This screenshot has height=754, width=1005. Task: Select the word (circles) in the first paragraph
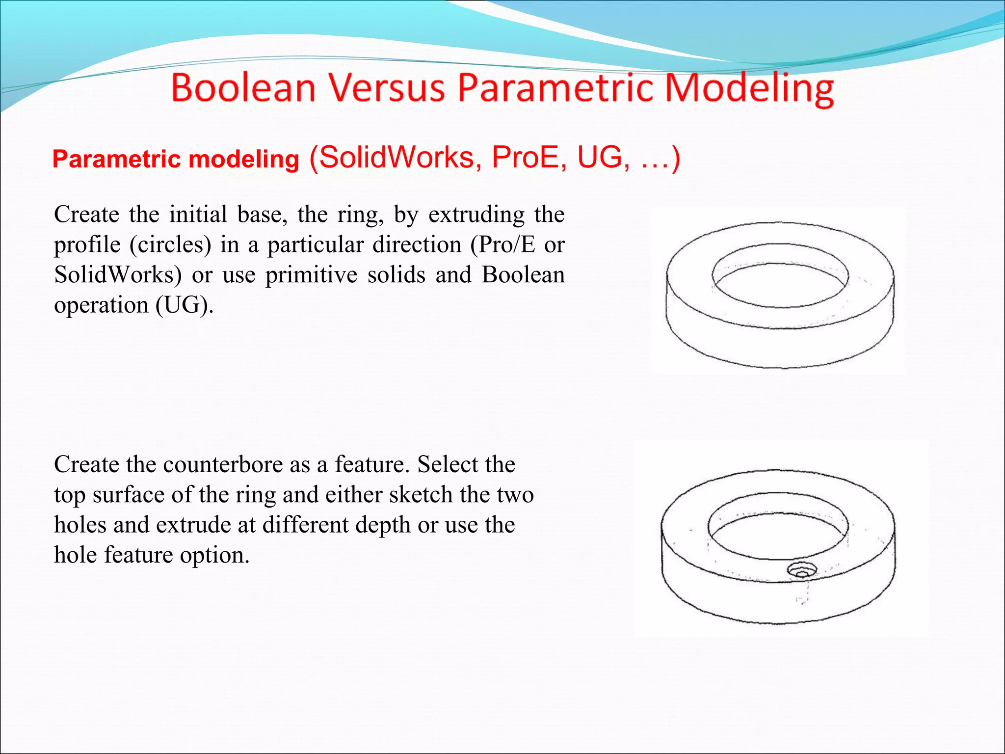(170, 244)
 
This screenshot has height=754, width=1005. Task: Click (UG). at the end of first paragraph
(185, 305)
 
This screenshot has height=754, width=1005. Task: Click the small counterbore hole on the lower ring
(802, 570)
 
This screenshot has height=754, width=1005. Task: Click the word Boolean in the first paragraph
(523, 275)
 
